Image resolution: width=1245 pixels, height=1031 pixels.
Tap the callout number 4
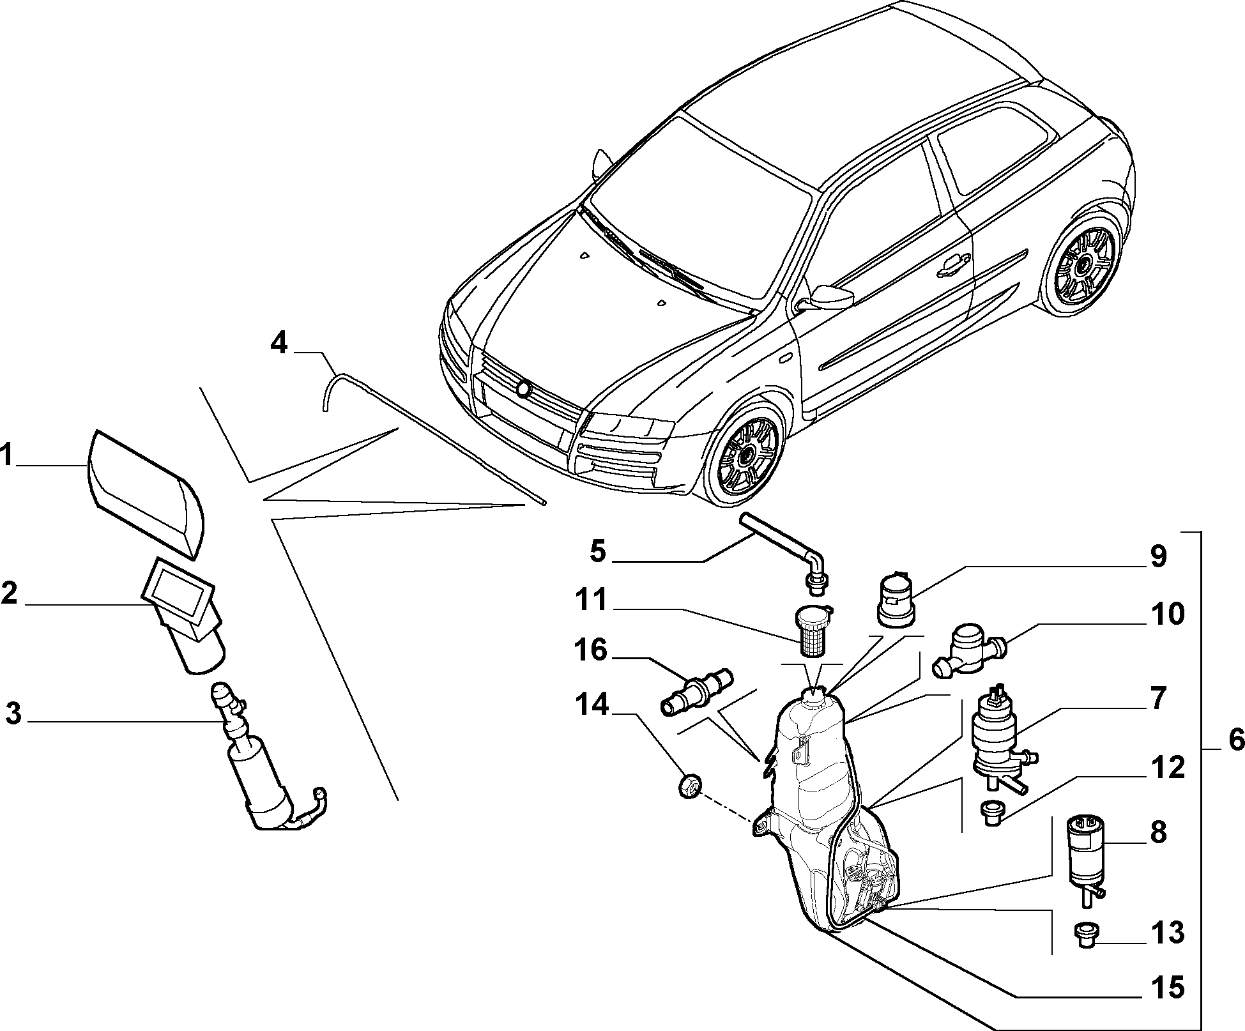(279, 344)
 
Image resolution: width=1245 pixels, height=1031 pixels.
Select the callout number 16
(589, 651)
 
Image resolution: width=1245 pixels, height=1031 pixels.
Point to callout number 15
(1166, 987)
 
